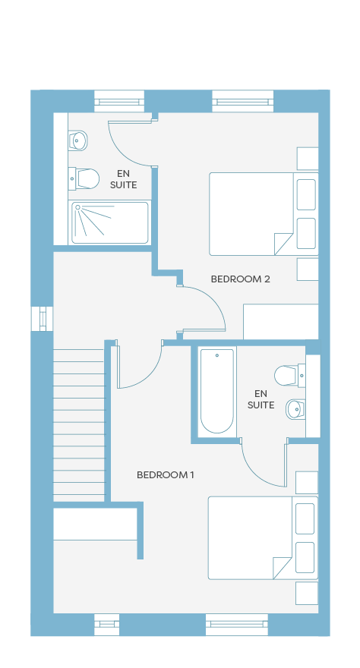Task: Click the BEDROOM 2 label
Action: (240, 279)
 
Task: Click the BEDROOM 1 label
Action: (166, 474)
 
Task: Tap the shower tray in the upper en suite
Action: (110, 223)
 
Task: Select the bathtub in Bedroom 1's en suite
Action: (217, 391)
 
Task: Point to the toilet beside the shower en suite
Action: (84, 178)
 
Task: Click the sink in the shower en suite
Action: (78, 140)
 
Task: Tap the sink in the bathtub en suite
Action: (295, 409)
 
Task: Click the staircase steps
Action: (79, 425)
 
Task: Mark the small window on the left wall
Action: (43, 319)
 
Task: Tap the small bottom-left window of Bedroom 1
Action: (107, 625)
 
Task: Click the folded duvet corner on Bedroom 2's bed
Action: (283, 244)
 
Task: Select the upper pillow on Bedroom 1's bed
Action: (305, 518)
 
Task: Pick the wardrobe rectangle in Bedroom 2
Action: (281, 322)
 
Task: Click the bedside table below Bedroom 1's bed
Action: (307, 594)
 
